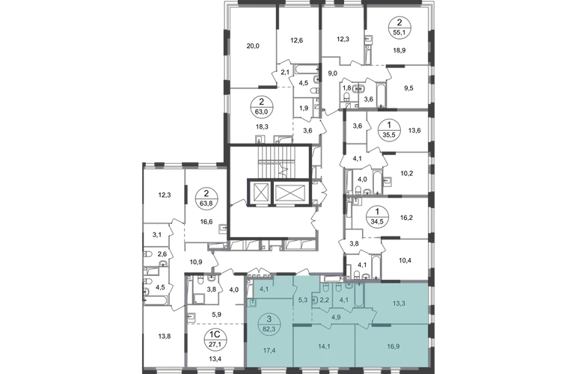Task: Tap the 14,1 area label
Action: (325, 346)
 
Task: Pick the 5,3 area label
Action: (302, 303)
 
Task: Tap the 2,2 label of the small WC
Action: (325, 303)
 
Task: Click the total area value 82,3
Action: (267, 327)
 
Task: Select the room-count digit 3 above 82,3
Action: (267, 319)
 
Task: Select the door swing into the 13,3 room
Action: (371, 305)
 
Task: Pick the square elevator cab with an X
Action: (263, 192)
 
